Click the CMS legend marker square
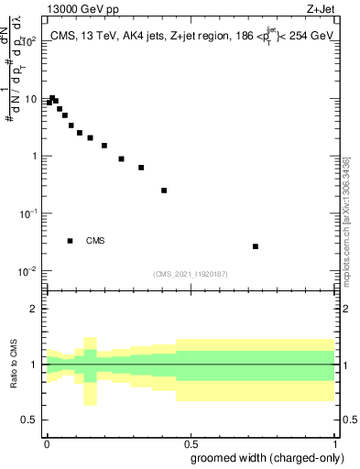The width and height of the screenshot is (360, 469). (71, 241)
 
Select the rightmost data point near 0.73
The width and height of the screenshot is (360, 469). (256, 246)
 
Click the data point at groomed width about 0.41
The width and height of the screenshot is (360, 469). (164, 191)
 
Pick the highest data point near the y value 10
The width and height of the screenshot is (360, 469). (53, 98)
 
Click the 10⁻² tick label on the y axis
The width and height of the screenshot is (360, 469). (27, 271)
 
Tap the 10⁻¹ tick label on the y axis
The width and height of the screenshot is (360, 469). (27, 213)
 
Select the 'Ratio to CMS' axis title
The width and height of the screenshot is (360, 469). (16, 365)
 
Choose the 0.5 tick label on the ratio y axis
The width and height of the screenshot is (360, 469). (29, 421)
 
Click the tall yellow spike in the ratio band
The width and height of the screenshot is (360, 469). (90, 370)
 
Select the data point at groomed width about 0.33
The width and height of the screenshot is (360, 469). (141, 168)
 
